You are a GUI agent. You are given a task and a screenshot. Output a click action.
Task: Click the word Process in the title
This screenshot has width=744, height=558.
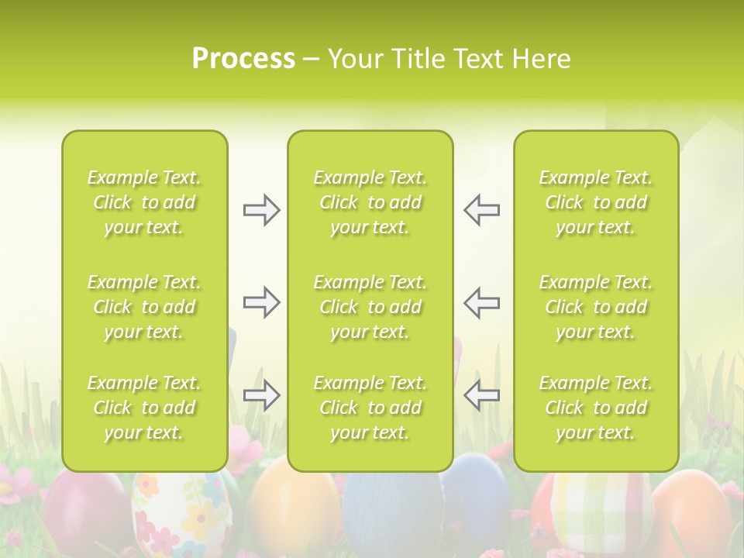[243, 59]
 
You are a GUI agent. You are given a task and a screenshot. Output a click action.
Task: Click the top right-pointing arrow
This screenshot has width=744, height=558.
[261, 210]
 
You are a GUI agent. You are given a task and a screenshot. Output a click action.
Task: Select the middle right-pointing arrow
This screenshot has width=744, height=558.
[261, 302]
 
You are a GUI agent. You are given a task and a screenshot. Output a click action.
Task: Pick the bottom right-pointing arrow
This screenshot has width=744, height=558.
[261, 395]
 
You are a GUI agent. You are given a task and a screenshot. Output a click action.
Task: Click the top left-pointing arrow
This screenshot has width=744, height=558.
[481, 210]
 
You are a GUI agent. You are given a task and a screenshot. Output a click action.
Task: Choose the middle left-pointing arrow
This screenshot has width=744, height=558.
[481, 302]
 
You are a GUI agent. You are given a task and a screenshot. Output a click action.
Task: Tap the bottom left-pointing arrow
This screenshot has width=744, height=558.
[481, 395]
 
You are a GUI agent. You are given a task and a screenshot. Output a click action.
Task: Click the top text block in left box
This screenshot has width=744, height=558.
[144, 202]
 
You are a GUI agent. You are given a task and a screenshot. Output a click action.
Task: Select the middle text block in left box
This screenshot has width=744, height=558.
[144, 307]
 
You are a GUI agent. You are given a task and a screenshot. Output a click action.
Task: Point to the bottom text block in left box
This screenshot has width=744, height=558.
[144, 408]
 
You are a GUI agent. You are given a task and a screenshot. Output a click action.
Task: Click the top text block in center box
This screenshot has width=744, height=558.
[370, 202]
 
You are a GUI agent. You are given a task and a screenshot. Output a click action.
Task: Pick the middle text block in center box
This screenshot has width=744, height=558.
[370, 307]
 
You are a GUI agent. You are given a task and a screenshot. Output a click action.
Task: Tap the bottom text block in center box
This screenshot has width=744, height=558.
[370, 408]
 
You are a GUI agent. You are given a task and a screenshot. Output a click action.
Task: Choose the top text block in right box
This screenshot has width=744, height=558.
[596, 202]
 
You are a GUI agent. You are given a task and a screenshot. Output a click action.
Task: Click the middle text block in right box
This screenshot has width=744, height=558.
[596, 307]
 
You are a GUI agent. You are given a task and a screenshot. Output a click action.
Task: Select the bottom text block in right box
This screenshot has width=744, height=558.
[596, 408]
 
